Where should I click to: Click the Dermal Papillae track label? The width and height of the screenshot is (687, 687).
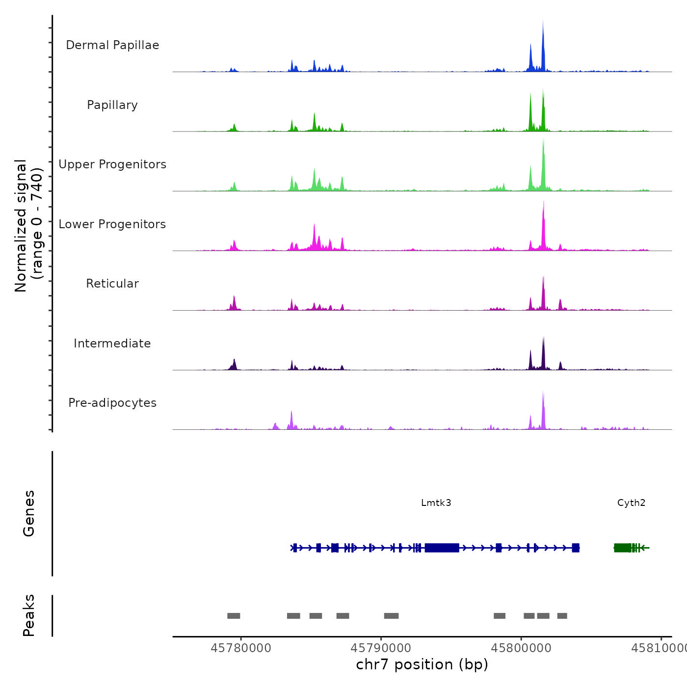coord(112,45)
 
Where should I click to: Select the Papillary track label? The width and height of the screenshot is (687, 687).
coord(112,105)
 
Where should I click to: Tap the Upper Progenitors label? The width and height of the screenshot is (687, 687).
coord(112,164)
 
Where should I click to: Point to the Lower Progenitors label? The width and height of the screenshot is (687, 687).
coord(112,224)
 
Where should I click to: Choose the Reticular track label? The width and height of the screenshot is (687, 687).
coord(112,284)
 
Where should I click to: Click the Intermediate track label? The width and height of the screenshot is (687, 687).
coord(112,343)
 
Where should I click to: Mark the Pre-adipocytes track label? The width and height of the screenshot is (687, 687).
coord(112,403)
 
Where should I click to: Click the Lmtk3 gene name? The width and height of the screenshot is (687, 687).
coord(436,502)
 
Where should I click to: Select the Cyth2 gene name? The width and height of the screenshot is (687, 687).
coord(631,502)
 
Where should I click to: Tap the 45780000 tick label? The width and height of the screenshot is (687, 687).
coord(241,648)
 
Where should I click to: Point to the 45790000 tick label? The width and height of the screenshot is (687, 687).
coord(381,648)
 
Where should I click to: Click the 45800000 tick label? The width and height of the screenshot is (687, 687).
coord(521,648)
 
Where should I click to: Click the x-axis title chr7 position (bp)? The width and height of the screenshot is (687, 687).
coord(422,664)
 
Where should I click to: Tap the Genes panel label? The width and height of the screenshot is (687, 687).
coord(29,513)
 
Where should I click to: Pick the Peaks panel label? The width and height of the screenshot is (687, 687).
coord(29,615)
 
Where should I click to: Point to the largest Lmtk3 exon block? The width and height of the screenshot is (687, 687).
coord(442,548)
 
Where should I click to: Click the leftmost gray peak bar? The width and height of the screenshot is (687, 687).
coord(234,616)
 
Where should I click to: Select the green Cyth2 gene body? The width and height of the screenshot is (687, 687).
coord(623,548)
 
